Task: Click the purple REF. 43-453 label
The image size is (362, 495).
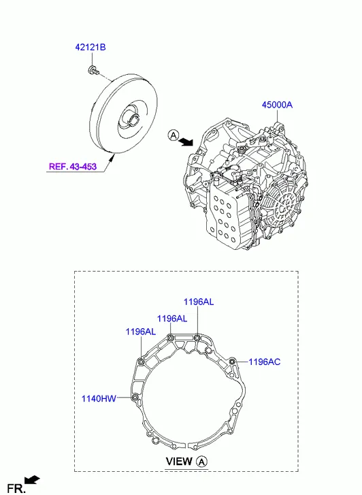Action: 73,165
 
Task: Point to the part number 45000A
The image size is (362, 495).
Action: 276,105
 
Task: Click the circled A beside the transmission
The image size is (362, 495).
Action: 174,137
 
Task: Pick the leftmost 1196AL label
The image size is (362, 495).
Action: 140,331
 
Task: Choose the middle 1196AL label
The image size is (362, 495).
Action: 171,318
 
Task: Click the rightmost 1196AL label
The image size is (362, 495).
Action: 198,302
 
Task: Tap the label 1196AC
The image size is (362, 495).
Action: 264,362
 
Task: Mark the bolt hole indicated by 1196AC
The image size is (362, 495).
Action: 232,360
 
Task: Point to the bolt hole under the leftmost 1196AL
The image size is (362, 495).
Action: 141,361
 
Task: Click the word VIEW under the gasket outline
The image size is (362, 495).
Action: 180,461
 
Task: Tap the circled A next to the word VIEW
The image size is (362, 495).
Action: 202,461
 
